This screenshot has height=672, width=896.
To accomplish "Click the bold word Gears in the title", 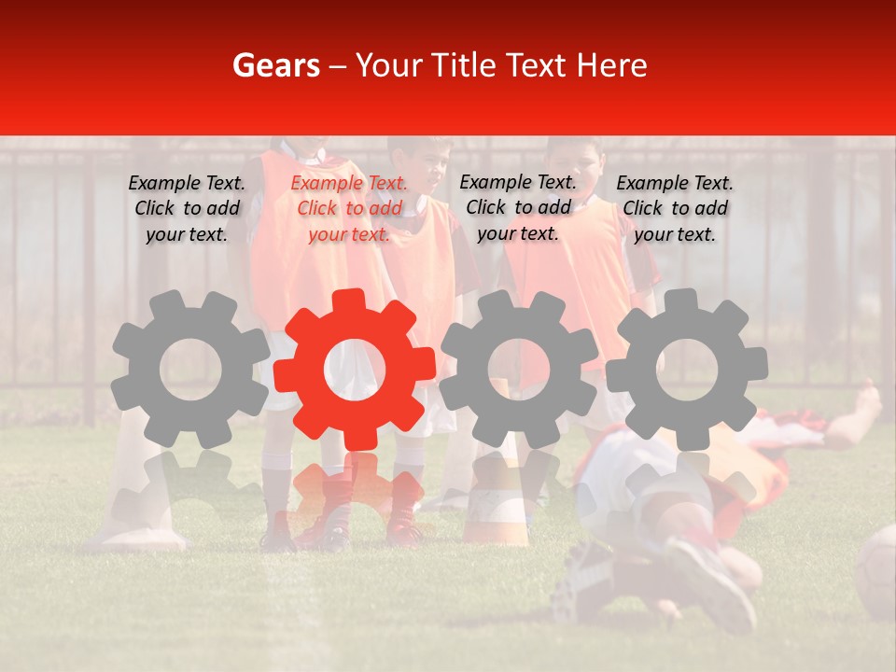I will (x=275, y=65).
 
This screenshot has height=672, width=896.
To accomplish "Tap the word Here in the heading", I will (x=611, y=65).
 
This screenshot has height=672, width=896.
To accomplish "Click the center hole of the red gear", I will (x=354, y=370).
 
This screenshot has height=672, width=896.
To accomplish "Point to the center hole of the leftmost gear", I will (x=190, y=370).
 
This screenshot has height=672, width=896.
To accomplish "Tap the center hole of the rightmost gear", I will (x=687, y=370).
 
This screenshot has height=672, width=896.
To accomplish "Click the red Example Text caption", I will (x=349, y=209).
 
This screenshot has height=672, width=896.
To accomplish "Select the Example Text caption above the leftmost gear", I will (x=187, y=209).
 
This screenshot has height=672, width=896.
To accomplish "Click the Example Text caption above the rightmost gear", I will (x=675, y=209).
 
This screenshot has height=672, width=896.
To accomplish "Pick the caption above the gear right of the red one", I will (x=518, y=208).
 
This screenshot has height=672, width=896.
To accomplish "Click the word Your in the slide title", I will (x=390, y=65).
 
